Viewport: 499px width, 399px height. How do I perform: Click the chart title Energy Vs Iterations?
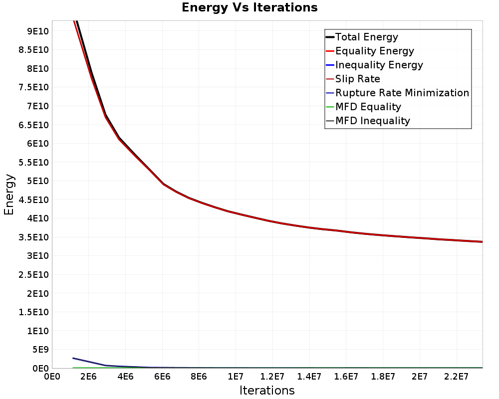coord(249,7)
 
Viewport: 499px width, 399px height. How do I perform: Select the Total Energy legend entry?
coord(362,37)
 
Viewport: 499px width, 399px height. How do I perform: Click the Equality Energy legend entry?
coord(370,51)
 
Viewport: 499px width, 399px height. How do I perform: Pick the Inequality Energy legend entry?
coord(375,65)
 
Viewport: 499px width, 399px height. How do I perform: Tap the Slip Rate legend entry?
coord(353,79)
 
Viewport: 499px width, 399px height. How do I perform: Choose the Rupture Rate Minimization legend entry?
coord(398,93)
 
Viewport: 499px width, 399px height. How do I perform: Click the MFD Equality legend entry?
coord(363,107)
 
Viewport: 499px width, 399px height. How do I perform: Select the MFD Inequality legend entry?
coord(368,121)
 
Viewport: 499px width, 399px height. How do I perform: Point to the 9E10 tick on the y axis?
coord(37,31)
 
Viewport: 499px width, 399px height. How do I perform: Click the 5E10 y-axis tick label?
coord(37,181)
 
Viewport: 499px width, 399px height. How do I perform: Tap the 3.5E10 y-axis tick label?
coord(33,237)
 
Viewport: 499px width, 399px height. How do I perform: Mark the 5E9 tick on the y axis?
coord(40,350)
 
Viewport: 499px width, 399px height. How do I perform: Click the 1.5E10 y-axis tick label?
coord(33,312)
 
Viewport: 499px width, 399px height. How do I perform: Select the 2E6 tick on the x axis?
coord(88,377)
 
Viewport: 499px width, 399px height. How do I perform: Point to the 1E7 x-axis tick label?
coord(236,377)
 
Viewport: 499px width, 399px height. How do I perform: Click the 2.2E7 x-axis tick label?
coord(457,377)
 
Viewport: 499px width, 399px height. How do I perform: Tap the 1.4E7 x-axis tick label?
coord(309,377)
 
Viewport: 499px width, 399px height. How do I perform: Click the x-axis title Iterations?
coord(267,391)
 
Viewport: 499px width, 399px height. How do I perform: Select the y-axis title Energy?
coord(9,195)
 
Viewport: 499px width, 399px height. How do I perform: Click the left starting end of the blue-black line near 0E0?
coord(73,358)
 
